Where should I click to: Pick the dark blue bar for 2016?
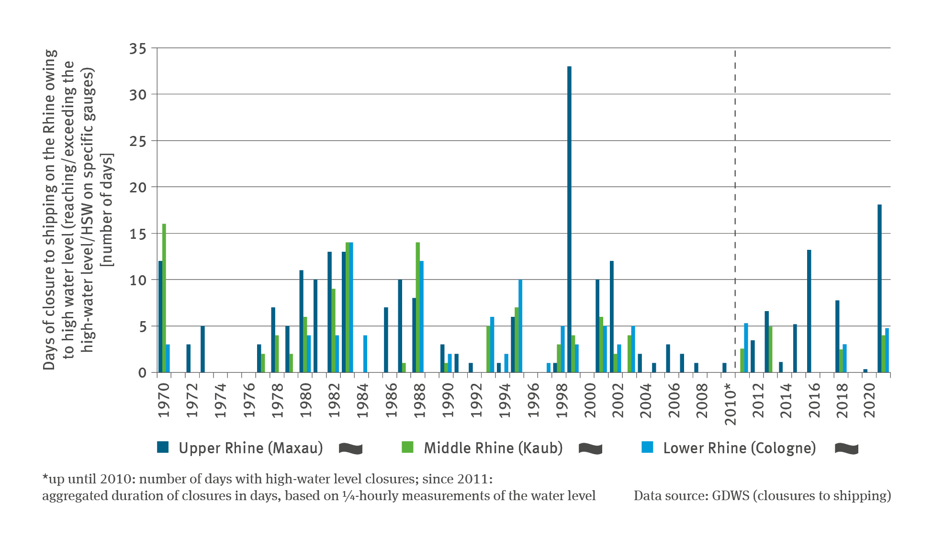coord(809,311)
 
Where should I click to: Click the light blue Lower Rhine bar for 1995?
coord(520,326)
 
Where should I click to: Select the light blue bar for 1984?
coord(365,354)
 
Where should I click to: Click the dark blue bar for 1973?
coord(203,349)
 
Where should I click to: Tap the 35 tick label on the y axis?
coord(138,49)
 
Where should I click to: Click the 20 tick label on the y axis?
coord(138,188)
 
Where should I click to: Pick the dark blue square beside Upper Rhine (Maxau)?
coord(163,447)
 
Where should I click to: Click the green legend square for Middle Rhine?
coord(407,447)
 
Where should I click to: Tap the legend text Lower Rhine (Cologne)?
coord(739,448)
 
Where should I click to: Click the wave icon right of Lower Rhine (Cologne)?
coord(846,448)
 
